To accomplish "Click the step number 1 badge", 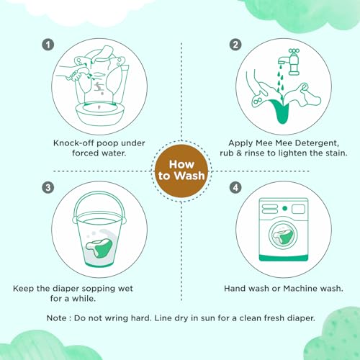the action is point(48,45).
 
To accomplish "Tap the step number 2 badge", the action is point(235,45).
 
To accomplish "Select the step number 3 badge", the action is point(48,187).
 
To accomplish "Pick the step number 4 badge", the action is point(235,187).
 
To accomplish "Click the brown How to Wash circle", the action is point(181,171).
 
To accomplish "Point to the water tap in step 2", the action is point(289,62).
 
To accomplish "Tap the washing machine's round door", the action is point(283,235).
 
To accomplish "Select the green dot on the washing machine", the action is point(285,208).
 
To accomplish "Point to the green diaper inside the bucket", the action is point(99,248).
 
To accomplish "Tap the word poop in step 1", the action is point(107,144).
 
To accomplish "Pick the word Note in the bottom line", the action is point(57,318).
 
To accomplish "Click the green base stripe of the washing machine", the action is point(284,258).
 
